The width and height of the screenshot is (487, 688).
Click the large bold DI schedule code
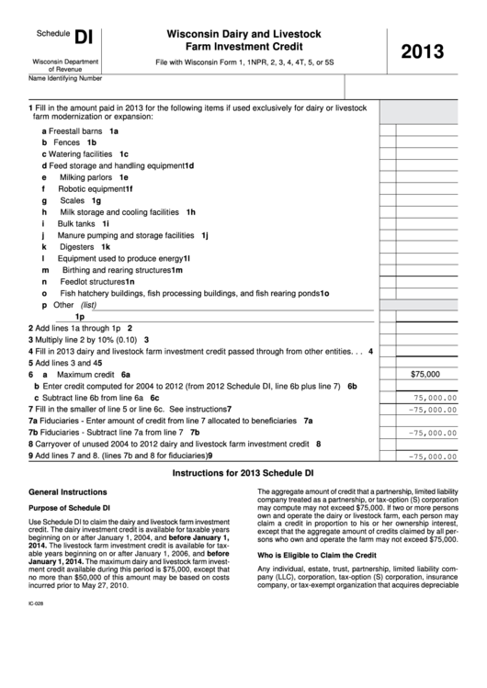[84, 37]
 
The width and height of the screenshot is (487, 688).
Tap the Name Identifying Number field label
[65, 79]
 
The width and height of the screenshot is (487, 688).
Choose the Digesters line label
[76, 246]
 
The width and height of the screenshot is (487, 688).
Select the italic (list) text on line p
[88, 305]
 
